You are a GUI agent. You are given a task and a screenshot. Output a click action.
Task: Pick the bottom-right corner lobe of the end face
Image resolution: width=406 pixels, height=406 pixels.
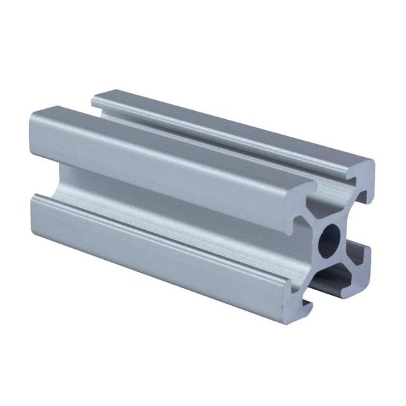click(x=362, y=267)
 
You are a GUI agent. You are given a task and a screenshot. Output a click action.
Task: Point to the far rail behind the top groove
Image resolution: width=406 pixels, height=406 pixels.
click(x=230, y=122)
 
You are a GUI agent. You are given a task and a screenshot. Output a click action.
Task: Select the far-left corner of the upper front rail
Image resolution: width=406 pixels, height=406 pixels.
click(x=32, y=118)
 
